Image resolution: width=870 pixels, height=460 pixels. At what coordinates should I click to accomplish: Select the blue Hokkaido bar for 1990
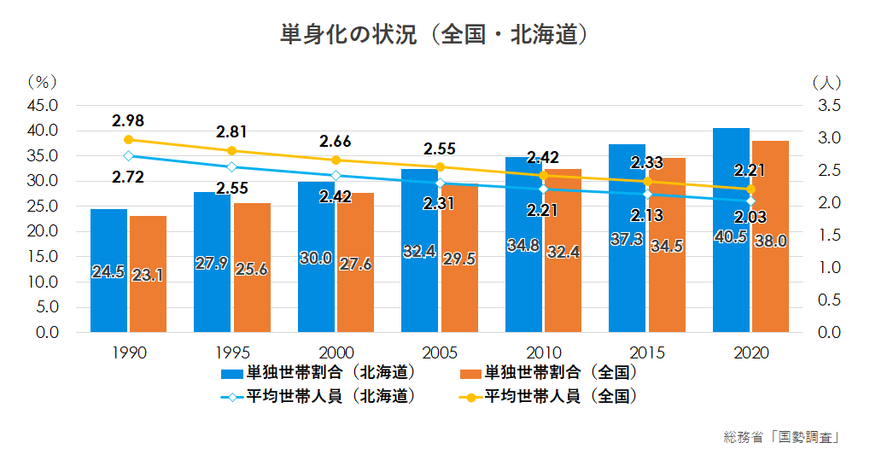tap(108, 271)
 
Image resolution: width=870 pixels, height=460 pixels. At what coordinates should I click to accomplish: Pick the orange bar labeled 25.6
tap(252, 268)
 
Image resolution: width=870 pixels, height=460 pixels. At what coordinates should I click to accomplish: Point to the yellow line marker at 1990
tap(128, 140)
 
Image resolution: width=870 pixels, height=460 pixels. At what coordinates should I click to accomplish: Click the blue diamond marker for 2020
tap(750, 201)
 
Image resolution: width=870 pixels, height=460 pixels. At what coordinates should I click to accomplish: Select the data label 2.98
tap(128, 119)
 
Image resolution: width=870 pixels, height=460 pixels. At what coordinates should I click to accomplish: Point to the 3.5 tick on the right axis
tap(830, 106)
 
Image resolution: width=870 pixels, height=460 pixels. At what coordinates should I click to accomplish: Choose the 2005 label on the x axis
tap(440, 352)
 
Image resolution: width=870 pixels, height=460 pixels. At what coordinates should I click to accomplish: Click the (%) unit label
tap(41, 83)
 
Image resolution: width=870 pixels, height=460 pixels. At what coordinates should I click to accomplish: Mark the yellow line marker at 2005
tap(440, 167)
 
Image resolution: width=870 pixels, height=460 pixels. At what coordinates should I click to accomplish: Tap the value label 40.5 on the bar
tap(731, 237)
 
